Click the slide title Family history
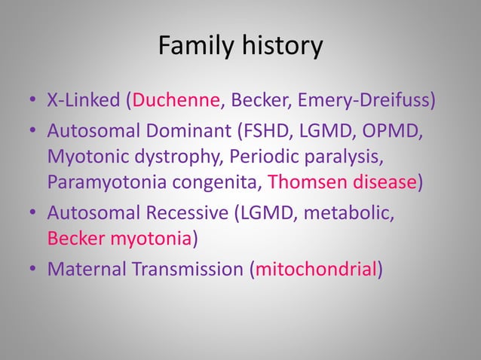(240, 47)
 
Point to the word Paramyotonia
(100, 183)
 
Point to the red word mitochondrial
(316, 268)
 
